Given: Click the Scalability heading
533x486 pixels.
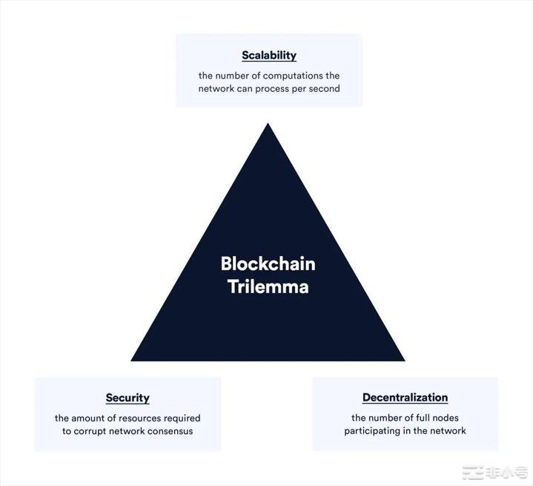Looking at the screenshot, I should click(x=269, y=55).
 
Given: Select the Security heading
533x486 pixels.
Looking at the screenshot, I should click(x=128, y=398).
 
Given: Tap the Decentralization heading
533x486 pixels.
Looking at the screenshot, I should click(x=405, y=398).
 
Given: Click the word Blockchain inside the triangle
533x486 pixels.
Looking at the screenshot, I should click(x=268, y=263).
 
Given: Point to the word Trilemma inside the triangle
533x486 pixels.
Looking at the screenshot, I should click(x=268, y=286).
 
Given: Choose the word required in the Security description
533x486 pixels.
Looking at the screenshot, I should click(x=183, y=418).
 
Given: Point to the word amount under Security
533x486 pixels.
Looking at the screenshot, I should click(x=90, y=418).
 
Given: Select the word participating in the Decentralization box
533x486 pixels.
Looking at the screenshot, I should click(x=375, y=431).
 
